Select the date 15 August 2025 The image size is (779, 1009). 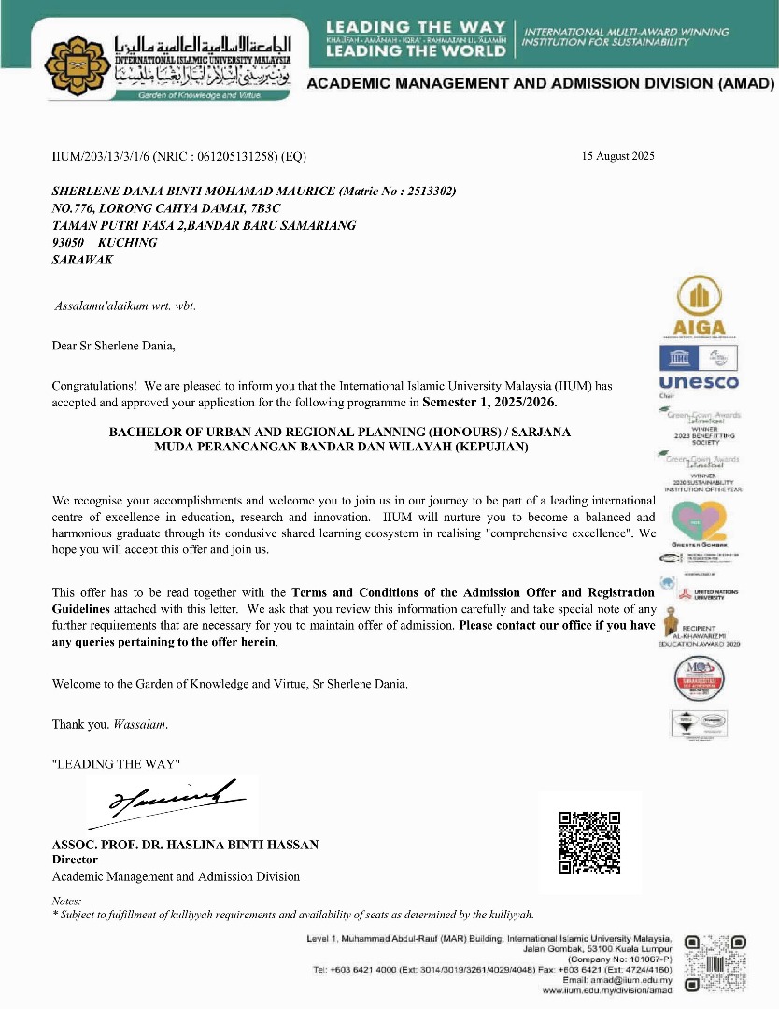617,155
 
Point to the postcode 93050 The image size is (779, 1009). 68,242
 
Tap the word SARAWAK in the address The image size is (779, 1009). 82,260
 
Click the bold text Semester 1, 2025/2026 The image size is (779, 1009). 489,403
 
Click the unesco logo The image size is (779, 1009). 698,382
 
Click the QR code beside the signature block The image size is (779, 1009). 589,843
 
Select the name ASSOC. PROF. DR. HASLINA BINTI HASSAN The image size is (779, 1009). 185,845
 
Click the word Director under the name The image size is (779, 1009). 75,860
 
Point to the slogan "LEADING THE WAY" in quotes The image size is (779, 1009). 116,763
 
